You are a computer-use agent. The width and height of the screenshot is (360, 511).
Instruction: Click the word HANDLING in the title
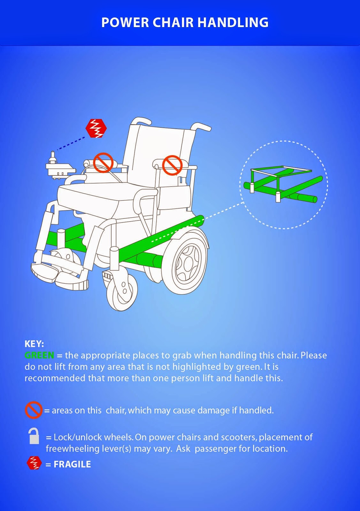233,23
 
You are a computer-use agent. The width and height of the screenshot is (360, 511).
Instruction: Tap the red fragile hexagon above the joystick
96,128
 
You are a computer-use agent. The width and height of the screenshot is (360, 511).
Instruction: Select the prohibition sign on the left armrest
103,163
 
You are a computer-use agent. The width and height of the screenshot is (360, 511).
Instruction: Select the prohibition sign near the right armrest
172,165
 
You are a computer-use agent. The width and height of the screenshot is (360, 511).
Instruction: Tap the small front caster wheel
122,291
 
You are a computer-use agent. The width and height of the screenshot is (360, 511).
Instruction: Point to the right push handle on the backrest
201,127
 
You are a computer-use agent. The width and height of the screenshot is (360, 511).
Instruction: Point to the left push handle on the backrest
141,120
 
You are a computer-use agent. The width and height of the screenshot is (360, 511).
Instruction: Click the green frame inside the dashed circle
281,185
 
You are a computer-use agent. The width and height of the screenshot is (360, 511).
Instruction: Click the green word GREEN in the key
39,355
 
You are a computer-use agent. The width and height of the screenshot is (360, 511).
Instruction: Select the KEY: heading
34,344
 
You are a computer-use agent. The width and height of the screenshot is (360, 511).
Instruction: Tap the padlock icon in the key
34,436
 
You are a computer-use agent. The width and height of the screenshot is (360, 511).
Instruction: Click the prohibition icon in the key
34,410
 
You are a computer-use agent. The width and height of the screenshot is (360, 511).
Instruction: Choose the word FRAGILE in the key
72,464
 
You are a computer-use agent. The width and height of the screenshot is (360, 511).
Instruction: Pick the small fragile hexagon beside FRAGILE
34,463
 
